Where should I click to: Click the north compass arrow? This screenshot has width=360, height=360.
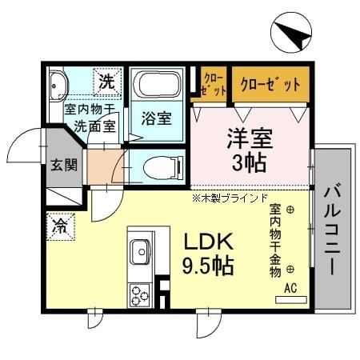click(291, 37)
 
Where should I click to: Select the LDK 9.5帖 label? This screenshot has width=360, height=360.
click(210, 254)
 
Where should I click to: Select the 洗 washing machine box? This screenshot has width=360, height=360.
click(106, 80)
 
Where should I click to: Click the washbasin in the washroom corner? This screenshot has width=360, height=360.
click(58, 85)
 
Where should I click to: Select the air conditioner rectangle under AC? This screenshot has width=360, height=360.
click(290, 300)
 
